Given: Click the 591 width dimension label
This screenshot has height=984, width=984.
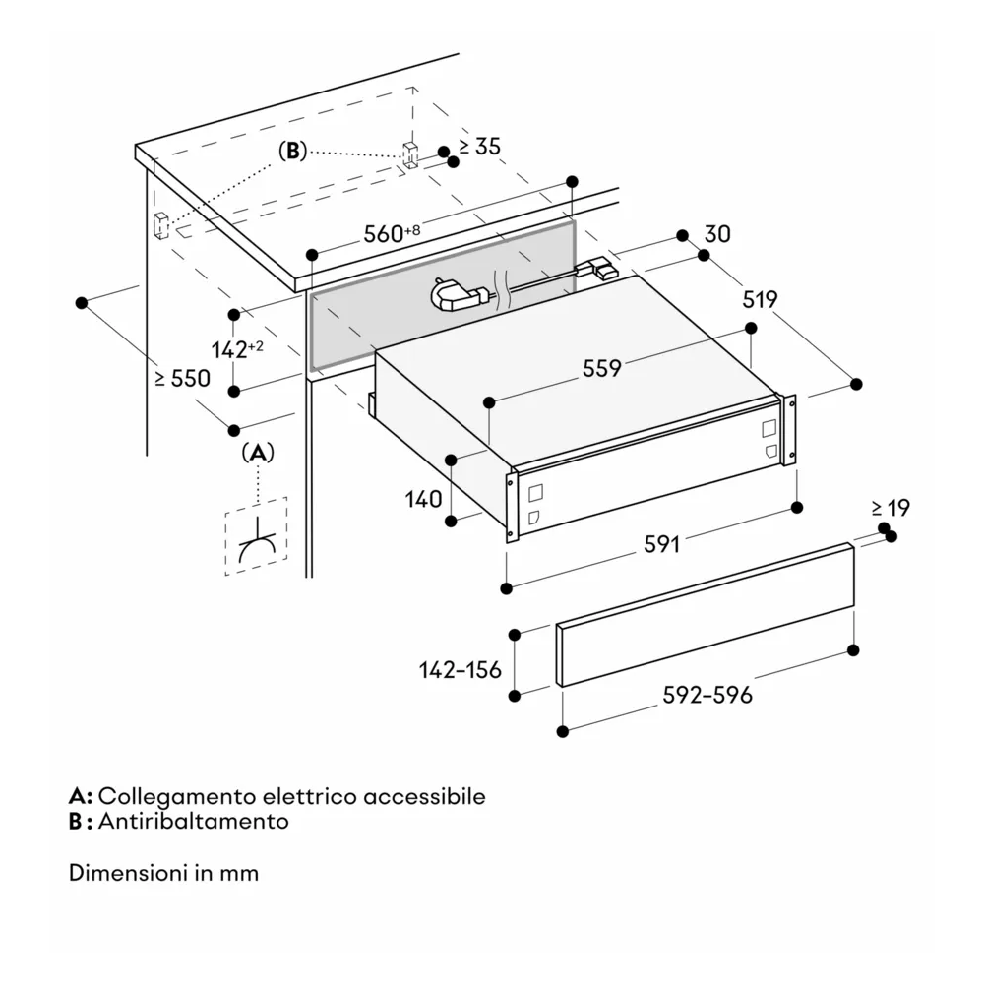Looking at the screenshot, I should pyautogui.click(x=662, y=544).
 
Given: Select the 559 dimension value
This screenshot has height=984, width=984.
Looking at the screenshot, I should pyautogui.click(x=601, y=368).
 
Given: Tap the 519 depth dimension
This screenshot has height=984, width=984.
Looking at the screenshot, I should pyautogui.click(x=760, y=299).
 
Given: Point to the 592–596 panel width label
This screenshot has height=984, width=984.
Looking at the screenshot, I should pyautogui.click(x=707, y=695).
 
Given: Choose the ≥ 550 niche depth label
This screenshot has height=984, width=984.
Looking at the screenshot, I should pyautogui.click(x=181, y=378).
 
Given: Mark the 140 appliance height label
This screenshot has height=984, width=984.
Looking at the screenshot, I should pyautogui.click(x=423, y=499).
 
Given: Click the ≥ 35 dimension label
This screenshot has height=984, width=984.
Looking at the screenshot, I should pyautogui.click(x=479, y=147).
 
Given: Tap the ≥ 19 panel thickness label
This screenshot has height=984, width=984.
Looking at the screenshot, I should pyautogui.click(x=890, y=508).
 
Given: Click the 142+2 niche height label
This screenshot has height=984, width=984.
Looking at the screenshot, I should pyautogui.click(x=237, y=348).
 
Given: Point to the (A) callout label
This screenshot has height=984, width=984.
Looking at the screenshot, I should pyautogui.click(x=258, y=452).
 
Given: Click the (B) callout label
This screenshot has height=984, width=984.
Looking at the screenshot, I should pyautogui.click(x=293, y=151).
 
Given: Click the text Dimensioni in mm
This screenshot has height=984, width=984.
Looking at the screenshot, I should pyautogui.click(x=164, y=872).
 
